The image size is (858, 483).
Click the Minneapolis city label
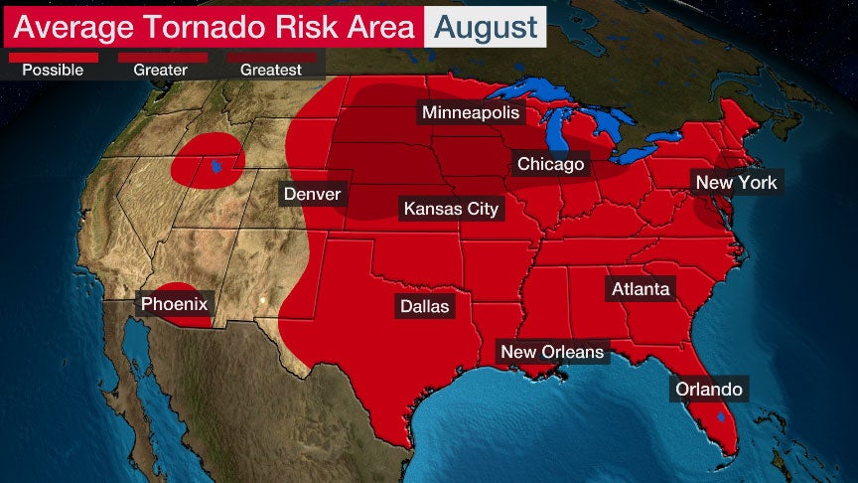[470, 112]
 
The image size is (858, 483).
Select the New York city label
[736, 182]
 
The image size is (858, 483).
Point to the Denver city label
[312, 194]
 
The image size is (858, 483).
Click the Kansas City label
[450, 209]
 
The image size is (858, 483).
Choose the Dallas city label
[424, 306]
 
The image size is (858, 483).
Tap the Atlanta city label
[640, 289]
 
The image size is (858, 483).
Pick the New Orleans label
[551, 352]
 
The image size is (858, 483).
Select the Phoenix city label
[174, 304]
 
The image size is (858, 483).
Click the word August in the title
[487, 27]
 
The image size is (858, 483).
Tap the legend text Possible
[53, 71]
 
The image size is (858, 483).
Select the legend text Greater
[162, 71]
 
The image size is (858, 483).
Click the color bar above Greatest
[271, 58]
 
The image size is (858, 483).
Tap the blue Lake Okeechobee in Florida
[720, 416]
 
